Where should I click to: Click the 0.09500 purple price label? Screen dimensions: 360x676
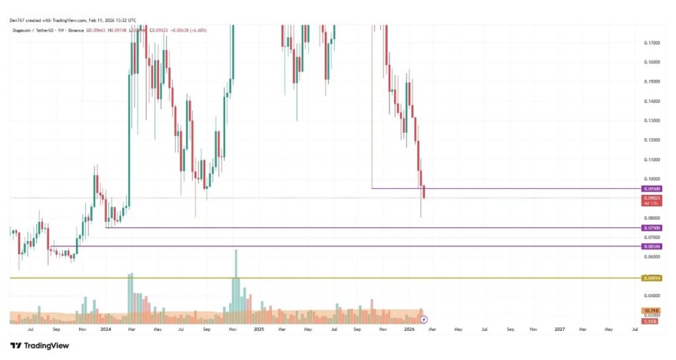652,188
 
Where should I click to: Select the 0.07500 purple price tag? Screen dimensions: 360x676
652,228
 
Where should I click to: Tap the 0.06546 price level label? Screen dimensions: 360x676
652,246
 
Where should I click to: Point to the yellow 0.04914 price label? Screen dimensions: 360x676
652,278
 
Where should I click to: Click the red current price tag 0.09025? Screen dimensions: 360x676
652,198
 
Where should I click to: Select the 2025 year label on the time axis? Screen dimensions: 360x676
258,328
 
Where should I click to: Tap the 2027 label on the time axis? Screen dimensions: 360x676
560,328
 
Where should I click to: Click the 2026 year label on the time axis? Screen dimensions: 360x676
409,328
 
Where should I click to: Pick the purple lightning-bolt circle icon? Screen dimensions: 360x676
424,320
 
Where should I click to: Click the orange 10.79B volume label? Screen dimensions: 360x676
651,310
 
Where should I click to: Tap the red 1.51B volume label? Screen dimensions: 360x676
651,321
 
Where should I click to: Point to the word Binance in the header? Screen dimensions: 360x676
74,32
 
